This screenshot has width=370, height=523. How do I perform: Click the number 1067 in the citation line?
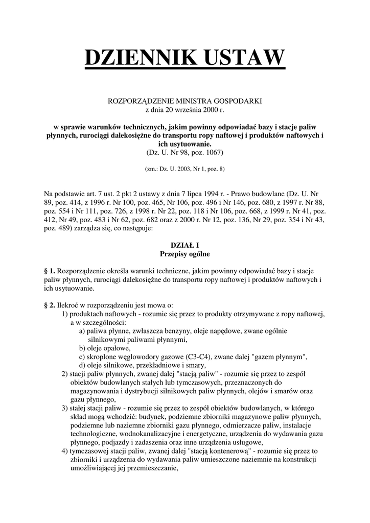click(213, 152)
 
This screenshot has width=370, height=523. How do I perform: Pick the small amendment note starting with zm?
click(185, 168)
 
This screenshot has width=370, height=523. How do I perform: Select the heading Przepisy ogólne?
click(184, 254)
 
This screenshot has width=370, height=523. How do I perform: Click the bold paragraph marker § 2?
click(50, 305)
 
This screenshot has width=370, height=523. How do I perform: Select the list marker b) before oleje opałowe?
click(82, 348)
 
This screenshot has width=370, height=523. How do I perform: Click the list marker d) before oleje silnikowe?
click(82, 365)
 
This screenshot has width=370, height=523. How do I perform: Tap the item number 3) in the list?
click(64, 408)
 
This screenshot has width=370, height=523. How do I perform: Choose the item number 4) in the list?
click(64, 451)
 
